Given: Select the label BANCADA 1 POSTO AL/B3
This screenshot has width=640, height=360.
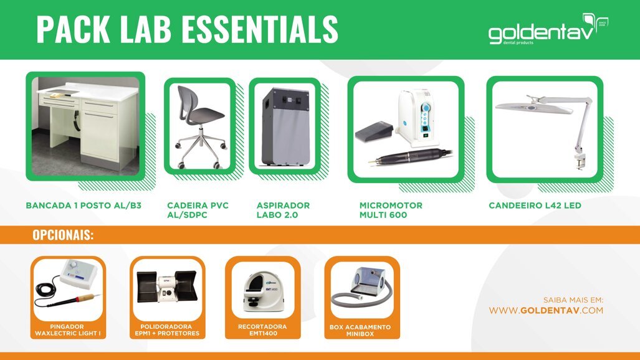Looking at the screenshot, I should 84,205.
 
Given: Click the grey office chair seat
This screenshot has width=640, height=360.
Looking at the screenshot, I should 201,116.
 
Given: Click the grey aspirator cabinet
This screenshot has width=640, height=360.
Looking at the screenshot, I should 284,128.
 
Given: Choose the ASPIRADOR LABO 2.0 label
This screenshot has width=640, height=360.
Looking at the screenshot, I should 284,210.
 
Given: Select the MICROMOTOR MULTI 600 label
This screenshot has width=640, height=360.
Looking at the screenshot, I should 391,210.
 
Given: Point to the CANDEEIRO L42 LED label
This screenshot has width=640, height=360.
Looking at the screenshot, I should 535,205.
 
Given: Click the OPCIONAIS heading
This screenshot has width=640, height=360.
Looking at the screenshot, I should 63,235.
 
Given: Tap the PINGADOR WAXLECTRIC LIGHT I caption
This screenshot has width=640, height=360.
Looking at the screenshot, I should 68,329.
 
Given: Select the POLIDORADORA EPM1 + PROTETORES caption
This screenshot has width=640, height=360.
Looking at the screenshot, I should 167,329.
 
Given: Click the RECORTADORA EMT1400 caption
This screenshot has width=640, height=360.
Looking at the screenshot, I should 262,329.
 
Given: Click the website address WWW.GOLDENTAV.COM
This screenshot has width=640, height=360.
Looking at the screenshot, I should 546,310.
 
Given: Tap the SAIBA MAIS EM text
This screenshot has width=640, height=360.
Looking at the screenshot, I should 573,300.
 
